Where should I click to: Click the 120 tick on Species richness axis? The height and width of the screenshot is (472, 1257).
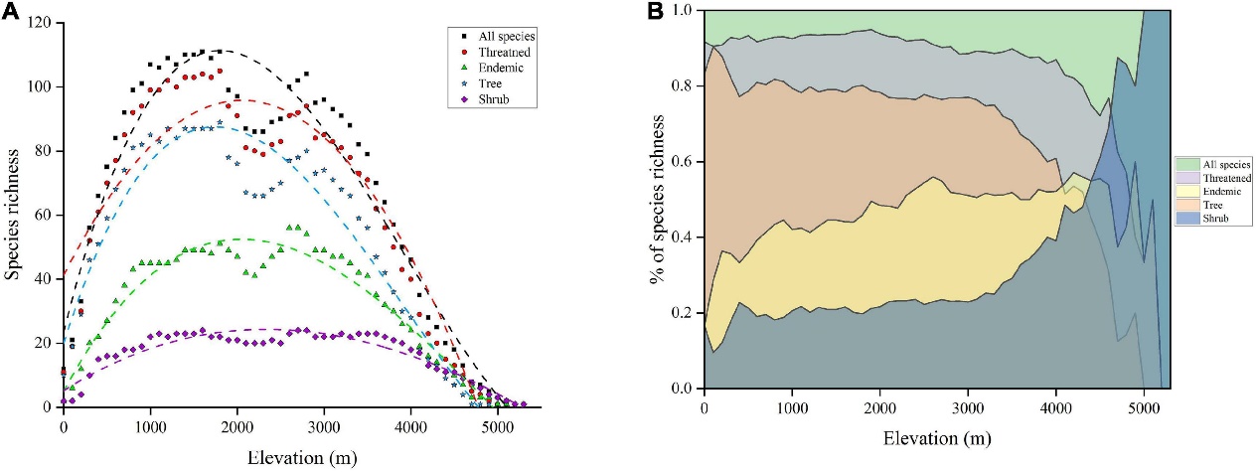(43, 23)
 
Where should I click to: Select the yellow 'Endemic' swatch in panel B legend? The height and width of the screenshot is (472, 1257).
(1186, 190)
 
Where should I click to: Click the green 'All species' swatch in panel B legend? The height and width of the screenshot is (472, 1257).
(1186, 162)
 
